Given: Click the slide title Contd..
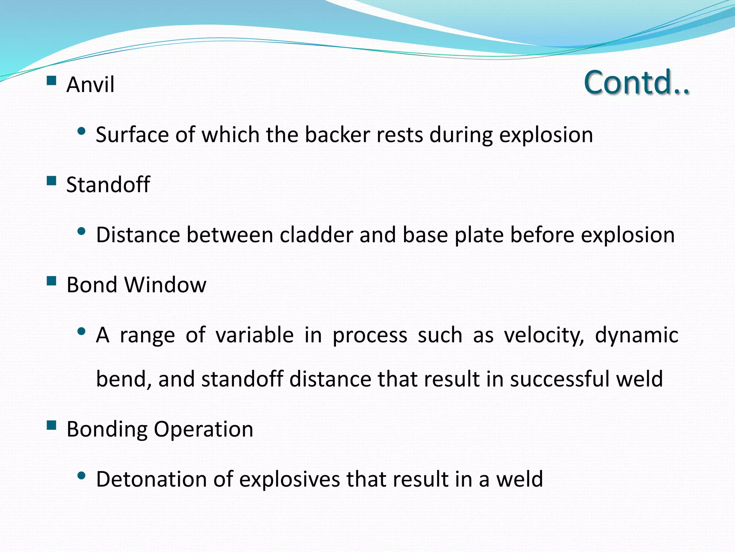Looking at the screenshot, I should pos(636,83).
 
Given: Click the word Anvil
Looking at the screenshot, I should pos(90,85).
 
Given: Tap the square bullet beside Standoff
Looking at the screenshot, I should pos(52,180).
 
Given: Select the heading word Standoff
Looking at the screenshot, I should pos(108,185).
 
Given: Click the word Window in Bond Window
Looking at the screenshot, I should pos(165,285).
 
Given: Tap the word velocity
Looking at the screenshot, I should pos(544,336).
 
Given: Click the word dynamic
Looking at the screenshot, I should pos(636,336).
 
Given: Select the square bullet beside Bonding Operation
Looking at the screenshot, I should pos(52,425).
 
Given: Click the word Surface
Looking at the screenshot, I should pos(132,135).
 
